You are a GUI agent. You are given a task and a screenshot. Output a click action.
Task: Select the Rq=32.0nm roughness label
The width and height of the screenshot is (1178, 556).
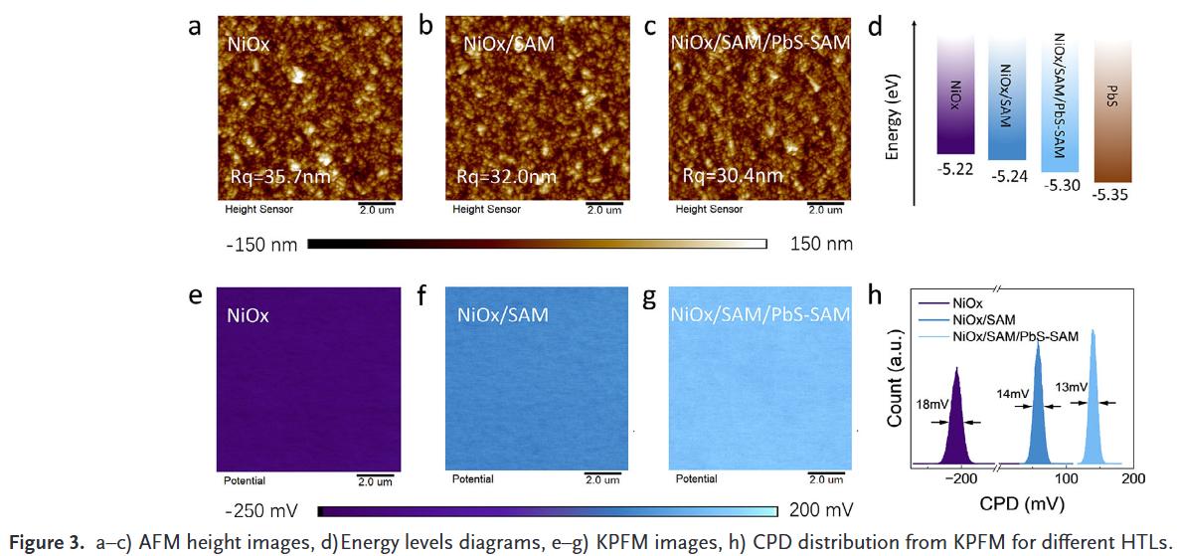(506, 177)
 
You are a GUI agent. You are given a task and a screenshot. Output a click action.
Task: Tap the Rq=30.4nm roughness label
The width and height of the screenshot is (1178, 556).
(733, 176)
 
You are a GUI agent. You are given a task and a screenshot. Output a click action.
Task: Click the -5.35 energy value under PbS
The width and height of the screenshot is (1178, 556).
(1109, 196)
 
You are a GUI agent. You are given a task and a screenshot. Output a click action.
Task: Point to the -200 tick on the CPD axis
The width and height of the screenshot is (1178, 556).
(961, 478)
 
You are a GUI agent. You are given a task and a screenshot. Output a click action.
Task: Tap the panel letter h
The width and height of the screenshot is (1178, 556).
(875, 295)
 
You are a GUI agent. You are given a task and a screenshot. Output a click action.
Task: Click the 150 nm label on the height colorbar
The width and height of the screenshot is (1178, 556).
(820, 244)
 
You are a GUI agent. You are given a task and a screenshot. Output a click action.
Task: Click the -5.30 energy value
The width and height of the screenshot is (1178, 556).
(1062, 185)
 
